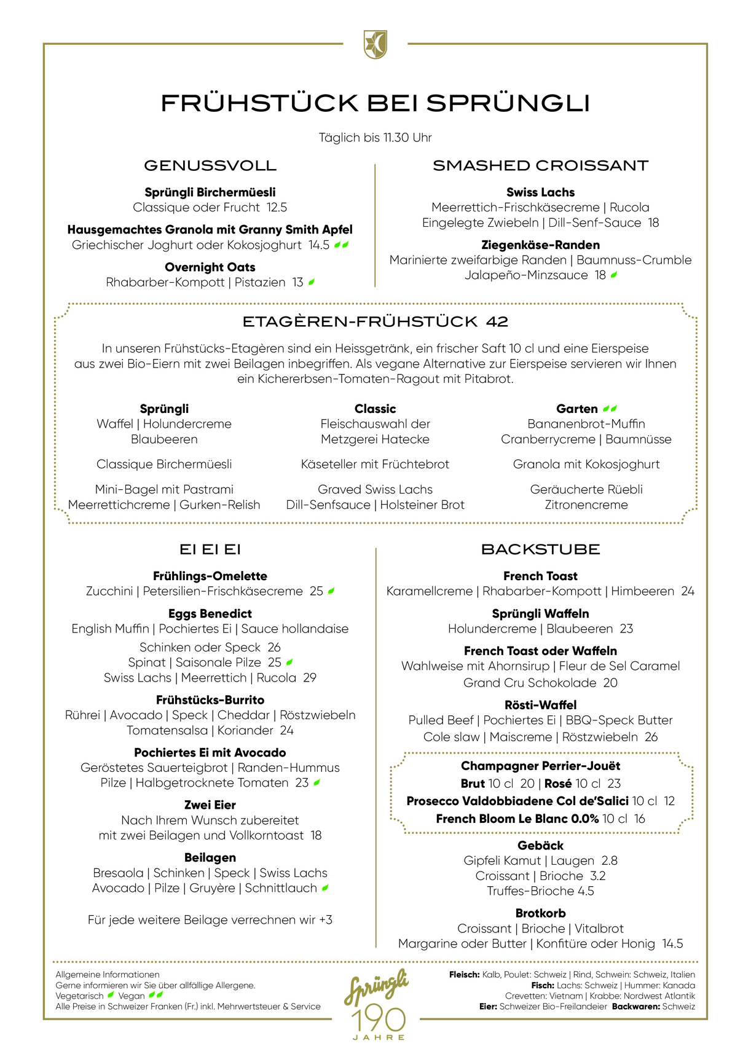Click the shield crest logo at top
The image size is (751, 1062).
click(375, 44)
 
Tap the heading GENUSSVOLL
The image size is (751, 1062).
click(210, 165)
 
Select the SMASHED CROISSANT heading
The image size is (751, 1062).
click(540, 165)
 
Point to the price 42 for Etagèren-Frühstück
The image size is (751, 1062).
click(497, 321)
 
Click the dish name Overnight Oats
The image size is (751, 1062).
click(210, 267)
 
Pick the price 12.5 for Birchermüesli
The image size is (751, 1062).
click(277, 208)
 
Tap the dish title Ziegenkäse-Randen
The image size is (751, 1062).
click(540, 245)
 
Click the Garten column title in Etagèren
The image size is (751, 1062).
click(577, 409)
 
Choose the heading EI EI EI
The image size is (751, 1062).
click(210, 549)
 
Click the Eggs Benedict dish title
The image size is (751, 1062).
click(210, 613)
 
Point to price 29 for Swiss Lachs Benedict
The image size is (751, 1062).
click(310, 678)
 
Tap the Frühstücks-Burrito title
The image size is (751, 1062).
click(210, 700)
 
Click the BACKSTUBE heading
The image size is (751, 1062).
click(540, 549)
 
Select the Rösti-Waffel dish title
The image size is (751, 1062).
click(540, 705)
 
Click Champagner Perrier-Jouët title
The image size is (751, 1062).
click(540, 766)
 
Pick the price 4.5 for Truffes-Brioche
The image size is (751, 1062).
click(585, 891)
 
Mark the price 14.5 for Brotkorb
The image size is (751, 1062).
click(672, 944)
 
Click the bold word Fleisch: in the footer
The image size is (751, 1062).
click(464, 975)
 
